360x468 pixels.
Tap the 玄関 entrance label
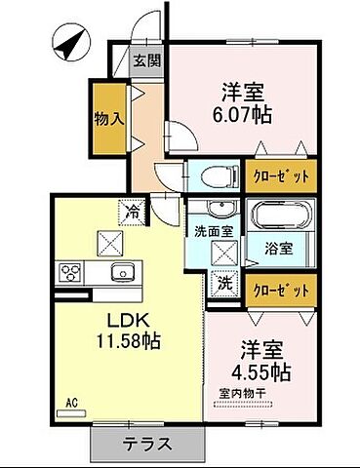coord(147,61)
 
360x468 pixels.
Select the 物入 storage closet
coord(108,119)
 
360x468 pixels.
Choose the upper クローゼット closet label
coord(281,176)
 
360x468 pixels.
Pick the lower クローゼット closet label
coord(281,290)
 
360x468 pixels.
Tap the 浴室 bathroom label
coord(280,248)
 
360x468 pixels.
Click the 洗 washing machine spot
coord(223,285)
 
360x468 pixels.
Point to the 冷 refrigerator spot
coord(131,209)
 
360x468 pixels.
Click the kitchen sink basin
coord(121,270)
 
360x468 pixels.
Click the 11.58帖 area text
coord(128,342)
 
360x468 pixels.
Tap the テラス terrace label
coord(143,445)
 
